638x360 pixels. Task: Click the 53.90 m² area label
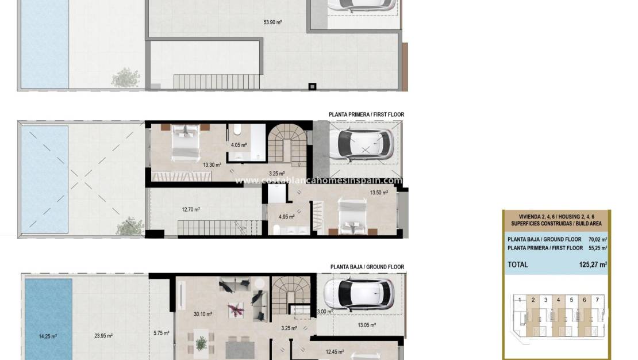(x=272, y=22)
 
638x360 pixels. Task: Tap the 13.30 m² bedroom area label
(x=212, y=164)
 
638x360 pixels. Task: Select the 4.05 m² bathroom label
(x=239, y=145)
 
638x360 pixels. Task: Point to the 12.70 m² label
(x=191, y=210)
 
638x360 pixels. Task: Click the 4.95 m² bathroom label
(x=286, y=217)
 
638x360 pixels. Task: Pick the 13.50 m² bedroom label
(x=378, y=193)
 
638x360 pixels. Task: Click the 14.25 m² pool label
(x=48, y=336)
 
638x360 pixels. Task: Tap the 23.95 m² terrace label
(x=103, y=336)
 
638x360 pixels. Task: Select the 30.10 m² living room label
(x=203, y=315)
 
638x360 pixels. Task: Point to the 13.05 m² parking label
(x=367, y=325)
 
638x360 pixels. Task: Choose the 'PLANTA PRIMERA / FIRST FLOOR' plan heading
(x=366, y=115)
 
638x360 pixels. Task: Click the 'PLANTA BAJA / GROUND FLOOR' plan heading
(x=367, y=267)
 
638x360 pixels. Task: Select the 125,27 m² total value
(x=593, y=265)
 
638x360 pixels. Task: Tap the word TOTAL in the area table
(x=517, y=265)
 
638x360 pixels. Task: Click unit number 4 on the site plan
(x=558, y=300)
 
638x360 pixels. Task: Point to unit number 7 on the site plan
(x=597, y=300)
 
